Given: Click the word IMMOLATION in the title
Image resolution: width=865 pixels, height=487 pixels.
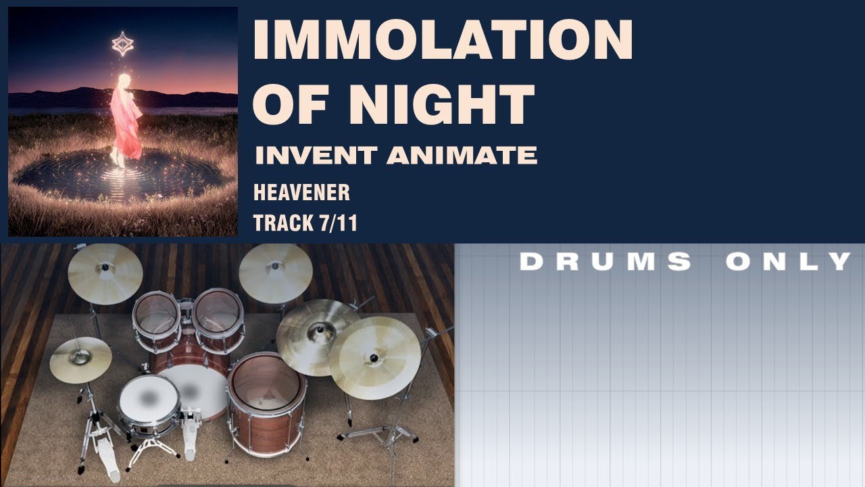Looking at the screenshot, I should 443,41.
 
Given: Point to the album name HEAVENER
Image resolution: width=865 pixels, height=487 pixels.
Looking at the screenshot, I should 301,193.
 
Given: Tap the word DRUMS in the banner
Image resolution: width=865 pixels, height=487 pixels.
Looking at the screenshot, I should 605,261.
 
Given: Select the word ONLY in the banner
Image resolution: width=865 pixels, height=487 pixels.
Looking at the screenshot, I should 788,261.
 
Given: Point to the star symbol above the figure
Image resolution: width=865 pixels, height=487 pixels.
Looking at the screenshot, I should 122,44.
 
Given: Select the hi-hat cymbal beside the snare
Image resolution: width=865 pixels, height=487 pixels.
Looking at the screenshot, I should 80,358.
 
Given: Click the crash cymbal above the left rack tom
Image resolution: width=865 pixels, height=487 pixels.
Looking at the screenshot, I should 105,273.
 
